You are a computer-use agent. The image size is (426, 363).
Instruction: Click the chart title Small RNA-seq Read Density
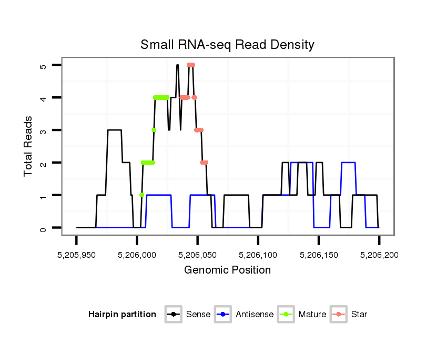click(x=227, y=45)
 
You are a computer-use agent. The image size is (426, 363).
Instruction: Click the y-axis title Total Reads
click(x=29, y=146)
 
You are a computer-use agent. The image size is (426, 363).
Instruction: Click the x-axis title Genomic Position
click(x=227, y=270)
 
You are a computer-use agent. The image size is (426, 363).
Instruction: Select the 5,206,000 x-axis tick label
click(x=137, y=255)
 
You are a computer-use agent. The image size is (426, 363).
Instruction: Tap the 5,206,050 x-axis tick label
click(x=197, y=255)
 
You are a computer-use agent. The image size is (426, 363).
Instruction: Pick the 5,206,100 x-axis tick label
click(x=258, y=255)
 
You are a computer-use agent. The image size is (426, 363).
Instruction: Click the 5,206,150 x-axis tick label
click(x=318, y=255)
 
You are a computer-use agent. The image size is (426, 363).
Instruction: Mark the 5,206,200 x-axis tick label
click(x=379, y=255)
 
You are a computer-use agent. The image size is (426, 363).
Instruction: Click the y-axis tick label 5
click(x=43, y=65)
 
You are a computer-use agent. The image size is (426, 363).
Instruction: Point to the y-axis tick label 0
click(x=43, y=228)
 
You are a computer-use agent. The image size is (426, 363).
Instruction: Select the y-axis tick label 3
click(x=43, y=130)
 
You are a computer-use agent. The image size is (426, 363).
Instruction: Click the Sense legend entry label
click(x=198, y=315)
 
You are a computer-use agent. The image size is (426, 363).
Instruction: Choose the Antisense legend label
click(x=255, y=315)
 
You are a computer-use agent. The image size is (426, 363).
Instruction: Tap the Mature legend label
click(x=312, y=315)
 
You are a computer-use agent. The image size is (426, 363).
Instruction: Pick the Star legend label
click(x=360, y=315)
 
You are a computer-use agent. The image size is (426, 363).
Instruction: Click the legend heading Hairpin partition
click(x=122, y=315)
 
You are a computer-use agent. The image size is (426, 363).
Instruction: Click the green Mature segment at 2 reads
click(x=148, y=163)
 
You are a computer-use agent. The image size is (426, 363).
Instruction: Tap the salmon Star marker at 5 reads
click(x=191, y=65)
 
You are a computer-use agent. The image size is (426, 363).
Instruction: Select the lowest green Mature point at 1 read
click(x=141, y=195)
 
